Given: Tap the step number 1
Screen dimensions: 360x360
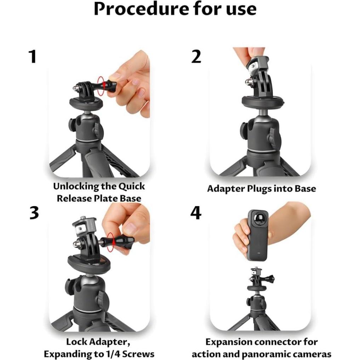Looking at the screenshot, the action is coord(33,57).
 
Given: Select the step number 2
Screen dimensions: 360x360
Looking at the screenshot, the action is coord(196,57).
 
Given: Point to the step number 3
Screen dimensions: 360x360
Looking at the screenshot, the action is coord(34,213).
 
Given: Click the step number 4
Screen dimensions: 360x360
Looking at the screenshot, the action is coord(196,213).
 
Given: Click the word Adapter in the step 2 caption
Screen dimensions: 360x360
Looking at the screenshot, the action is coord(226,189).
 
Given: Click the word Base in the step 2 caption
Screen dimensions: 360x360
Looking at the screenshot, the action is coord(305,188).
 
